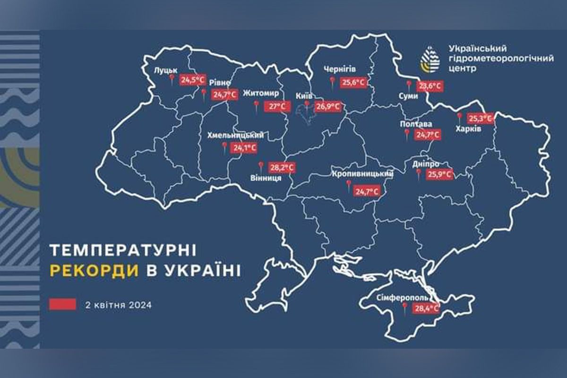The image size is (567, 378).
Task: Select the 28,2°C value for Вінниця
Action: pyautogui.click(x=283, y=168)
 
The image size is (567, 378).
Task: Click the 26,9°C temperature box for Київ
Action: pyautogui.click(x=328, y=107)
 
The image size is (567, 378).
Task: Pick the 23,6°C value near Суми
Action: pyautogui.click(x=430, y=86)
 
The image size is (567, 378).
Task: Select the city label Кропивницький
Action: pyautogui.click(x=363, y=174)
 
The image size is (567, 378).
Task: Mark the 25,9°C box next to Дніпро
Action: pyautogui.click(x=439, y=174)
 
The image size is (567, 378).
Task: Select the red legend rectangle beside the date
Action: pyautogui.click(x=62, y=304)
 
